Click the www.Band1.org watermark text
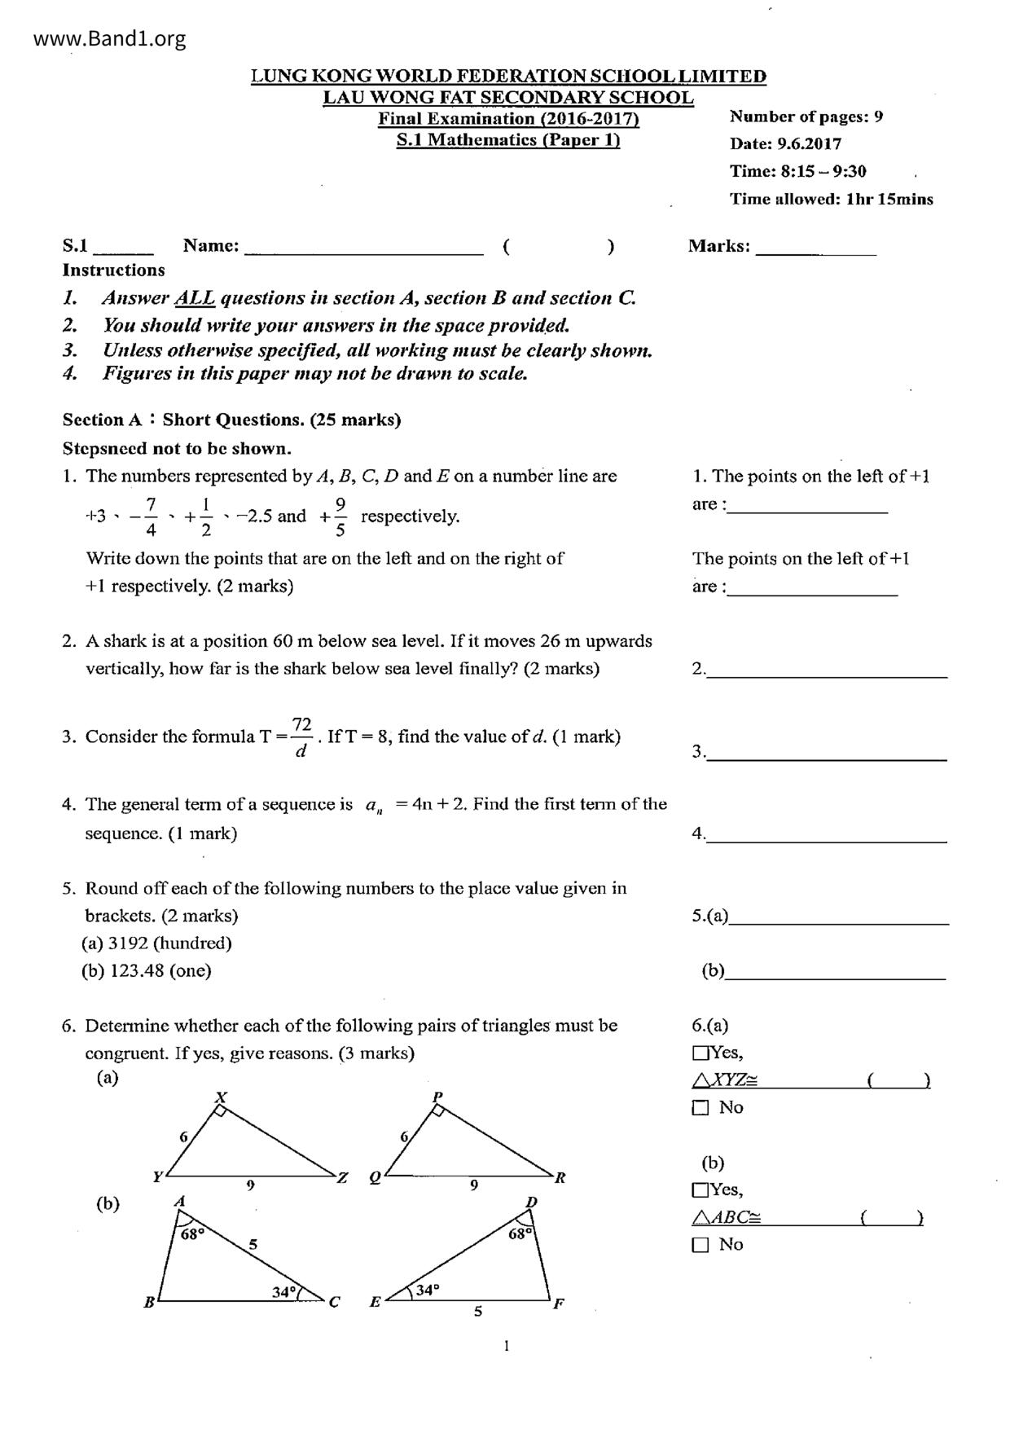coord(110,38)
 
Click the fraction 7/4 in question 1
coord(151,517)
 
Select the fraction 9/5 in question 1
coord(340,517)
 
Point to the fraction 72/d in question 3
coord(301,736)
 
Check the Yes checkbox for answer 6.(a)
coord(700,1053)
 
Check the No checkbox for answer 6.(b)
coord(700,1245)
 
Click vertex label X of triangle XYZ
coord(220,1097)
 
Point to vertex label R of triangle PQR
coord(560,1177)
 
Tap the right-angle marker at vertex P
coord(438,1110)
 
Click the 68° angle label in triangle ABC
coord(192,1234)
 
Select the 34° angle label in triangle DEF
coord(427,1290)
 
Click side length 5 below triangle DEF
coord(478,1311)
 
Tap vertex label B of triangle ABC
coord(150,1302)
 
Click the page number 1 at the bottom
coord(507,1345)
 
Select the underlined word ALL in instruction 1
coord(195,298)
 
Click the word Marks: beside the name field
coord(718,246)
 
